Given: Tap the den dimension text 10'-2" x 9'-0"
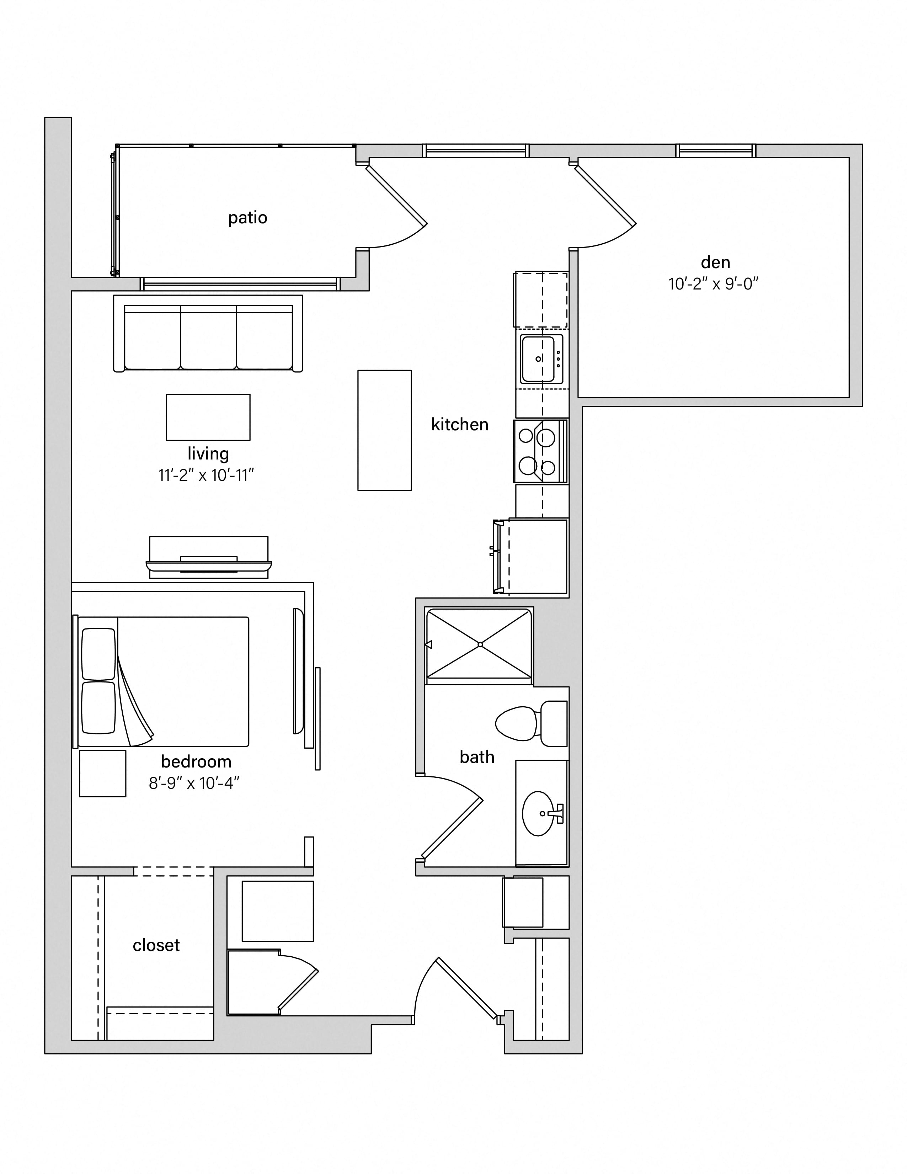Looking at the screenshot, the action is tap(713, 283).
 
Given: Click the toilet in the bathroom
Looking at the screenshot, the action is tap(531, 723).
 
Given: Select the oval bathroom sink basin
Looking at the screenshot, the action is tap(538, 813).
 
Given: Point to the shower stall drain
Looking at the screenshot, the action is tap(480, 644).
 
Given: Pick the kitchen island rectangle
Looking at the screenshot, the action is tap(385, 430).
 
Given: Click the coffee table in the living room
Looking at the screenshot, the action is tap(208, 417).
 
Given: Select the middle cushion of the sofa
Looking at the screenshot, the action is tap(208, 337).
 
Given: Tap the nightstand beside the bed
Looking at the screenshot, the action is tap(103, 774).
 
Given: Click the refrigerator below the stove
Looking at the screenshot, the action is tap(531, 556).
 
